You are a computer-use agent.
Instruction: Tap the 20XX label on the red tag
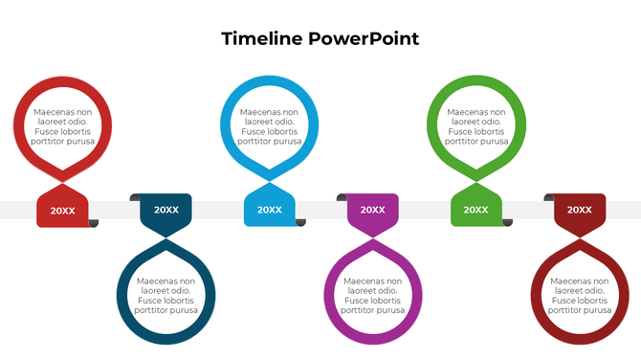tap(63, 211)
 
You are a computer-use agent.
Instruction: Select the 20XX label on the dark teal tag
tap(166, 210)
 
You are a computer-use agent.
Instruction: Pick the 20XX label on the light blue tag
tap(270, 211)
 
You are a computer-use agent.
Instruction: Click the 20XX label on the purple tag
tap(372, 210)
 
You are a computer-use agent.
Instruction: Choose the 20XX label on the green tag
tap(475, 211)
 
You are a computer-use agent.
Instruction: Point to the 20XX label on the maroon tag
tap(579, 210)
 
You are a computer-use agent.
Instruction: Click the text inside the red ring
tap(63, 126)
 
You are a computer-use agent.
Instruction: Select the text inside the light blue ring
tap(270, 126)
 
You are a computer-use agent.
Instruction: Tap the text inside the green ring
tap(475, 126)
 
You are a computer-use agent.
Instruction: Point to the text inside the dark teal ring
tap(166, 296)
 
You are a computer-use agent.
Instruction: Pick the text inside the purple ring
tap(372, 296)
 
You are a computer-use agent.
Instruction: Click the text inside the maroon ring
tap(579, 296)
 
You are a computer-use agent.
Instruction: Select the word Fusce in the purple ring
tap(354, 301)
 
